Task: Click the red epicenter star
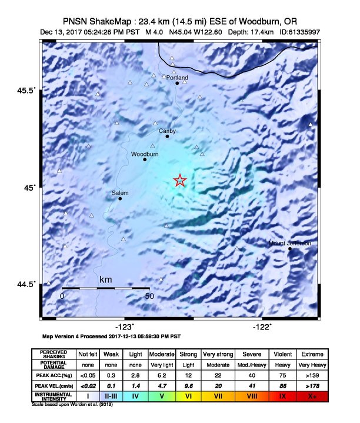point(180,181)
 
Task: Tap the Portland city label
point(177,77)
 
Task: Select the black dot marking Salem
point(120,198)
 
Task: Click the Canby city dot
point(167,136)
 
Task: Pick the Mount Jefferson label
point(290,243)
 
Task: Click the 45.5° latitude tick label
point(26,91)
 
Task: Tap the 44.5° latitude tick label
point(26,285)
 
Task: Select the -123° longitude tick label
point(125,327)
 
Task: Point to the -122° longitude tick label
point(262,327)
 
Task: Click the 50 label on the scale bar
point(149,296)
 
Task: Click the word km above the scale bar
point(106,279)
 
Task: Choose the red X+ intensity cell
point(311,397)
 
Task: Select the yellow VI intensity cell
point(188,397)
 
